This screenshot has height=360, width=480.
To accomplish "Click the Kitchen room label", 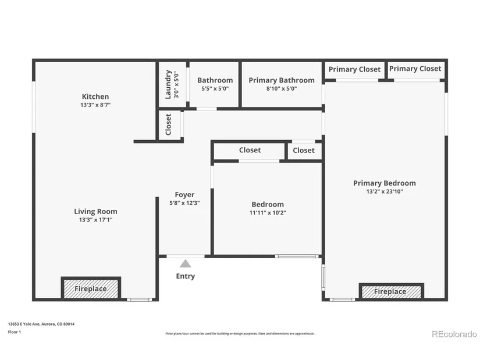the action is [x=95, y=97].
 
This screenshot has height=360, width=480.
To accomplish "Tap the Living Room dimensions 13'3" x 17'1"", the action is [x=95, y=219].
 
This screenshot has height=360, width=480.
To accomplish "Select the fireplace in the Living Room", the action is [x=91, y=288].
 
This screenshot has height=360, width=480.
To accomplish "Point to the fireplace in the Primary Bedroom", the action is [x=391, y=291].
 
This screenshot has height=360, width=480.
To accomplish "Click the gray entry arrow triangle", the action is [x=185, y=263].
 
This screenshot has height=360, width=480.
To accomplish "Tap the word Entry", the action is [x=186, y=276].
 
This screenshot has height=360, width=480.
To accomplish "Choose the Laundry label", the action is [x=168, y=84].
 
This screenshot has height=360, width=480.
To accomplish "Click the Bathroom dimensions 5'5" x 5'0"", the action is [x=215, y=88].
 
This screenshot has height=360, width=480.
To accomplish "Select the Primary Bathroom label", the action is [x=282, y=80].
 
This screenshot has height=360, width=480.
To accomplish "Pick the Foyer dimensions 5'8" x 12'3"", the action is [x=184, y=202].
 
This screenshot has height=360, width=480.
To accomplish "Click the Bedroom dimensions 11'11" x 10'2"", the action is [x=268, y=212].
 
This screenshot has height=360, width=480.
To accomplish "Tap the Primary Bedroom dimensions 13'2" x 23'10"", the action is [x=385, y=191].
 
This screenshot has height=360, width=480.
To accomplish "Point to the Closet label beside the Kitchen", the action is [x=168, y=124].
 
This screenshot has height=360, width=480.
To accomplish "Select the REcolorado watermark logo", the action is [x=454, y=334].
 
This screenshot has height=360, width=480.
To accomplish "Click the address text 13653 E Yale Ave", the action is [x=24, y=324].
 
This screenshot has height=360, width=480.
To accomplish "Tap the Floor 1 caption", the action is [x=15, y=332].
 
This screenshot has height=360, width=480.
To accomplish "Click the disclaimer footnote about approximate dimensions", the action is [x=240, y=334].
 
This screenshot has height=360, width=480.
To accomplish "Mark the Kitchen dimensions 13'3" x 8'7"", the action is [x=95, y=105].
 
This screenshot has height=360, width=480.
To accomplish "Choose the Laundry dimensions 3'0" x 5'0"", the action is [x=176, y=84].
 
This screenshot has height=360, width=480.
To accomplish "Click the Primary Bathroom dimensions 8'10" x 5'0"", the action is [x=282, y=88].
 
